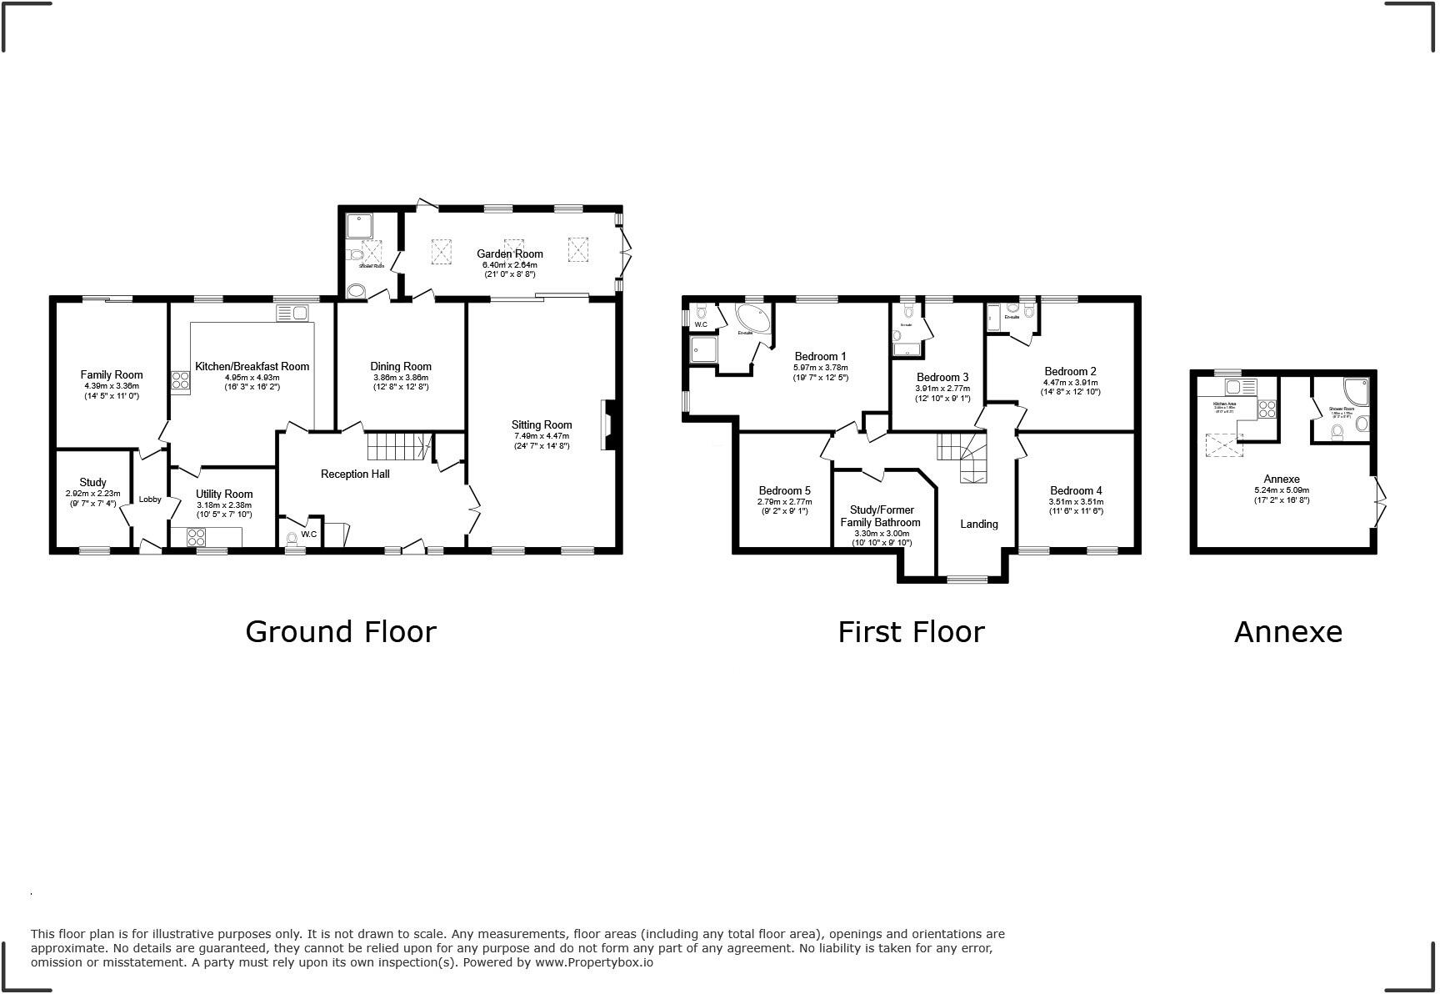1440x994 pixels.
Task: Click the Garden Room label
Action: click(x=509, y=254)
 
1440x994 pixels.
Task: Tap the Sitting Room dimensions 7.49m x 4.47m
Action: click(x=542, y=436)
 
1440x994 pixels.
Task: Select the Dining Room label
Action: click(x=401, y=366)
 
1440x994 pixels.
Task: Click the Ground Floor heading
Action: click(x=340, y=632)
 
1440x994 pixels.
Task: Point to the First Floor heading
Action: click(x=911, y=632)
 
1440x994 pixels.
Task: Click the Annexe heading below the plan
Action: click(x=1287, y=632)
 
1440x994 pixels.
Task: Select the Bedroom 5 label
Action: click(x=784, y=490)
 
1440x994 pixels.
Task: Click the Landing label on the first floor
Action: click(x=978, y=524)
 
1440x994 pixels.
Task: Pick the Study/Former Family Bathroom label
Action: click(x=882, y=516)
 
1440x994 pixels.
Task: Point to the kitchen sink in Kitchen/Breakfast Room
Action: click(x=292, y=313)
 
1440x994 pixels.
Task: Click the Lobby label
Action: click(x=150, y=500)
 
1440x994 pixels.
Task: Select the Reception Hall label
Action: click(x=355, y=474)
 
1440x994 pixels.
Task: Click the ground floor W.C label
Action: click(x=308, y=534)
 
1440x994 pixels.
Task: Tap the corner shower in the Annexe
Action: click(x=1354, y=392)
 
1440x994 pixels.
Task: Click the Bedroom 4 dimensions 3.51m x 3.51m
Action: click(x=1076, y=501)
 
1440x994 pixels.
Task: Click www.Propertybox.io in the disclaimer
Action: click(x=593, y=962)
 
